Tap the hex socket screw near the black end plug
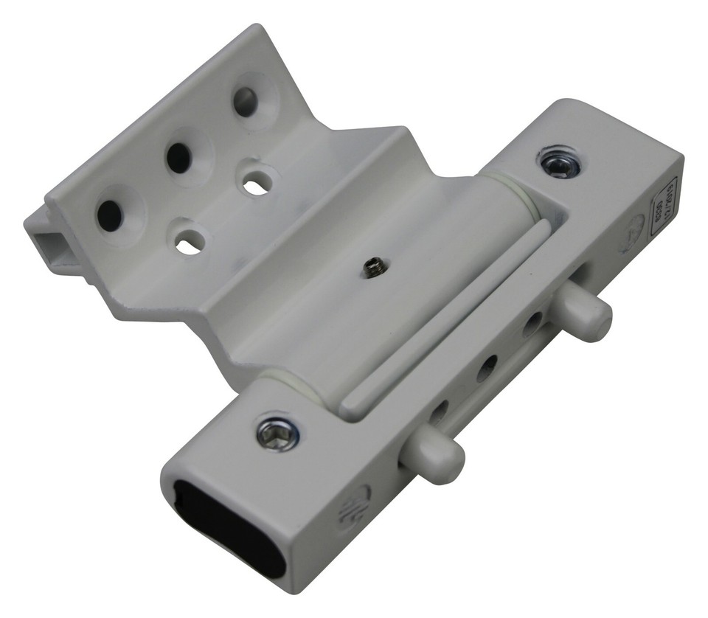(278, 433)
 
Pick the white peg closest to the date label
(588, 313)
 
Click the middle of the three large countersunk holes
(179, 157)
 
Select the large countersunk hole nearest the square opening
(111, 214)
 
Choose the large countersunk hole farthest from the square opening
(246, 103)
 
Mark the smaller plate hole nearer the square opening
(189, 243)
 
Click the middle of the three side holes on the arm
(487, 368)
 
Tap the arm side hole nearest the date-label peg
(532, 324)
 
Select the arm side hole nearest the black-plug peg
(440, 412)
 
